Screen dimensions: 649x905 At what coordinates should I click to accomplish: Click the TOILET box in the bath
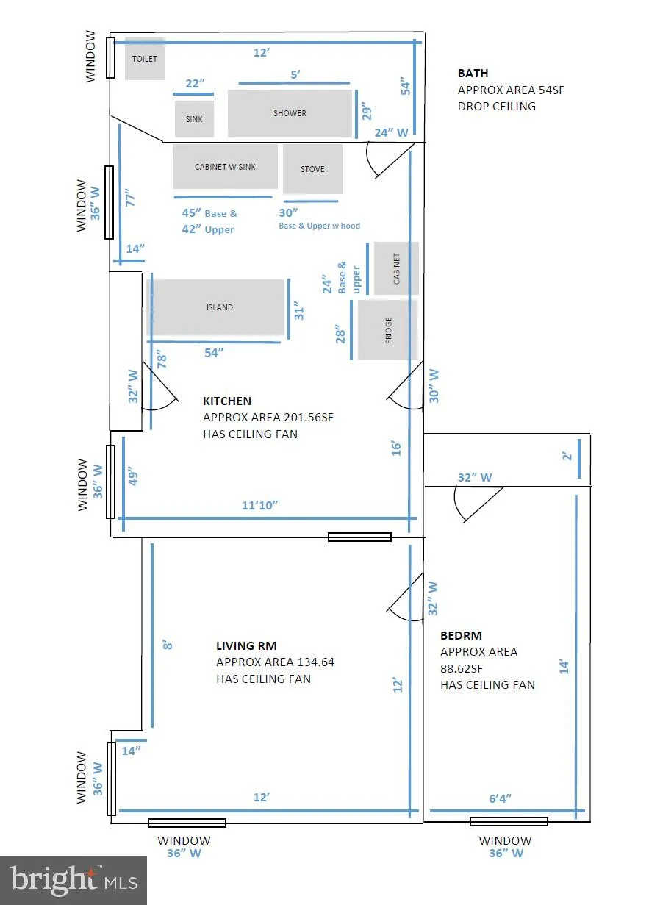click(x=144, y=59)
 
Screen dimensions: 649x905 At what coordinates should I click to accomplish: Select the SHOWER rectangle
click(x=290, y=113)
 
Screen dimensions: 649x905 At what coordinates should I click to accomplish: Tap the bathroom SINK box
click(x=194, y=119)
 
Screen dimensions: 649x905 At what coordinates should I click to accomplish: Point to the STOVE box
click(x=312, y=169)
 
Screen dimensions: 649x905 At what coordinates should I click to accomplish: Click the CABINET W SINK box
click(x=225, y=166)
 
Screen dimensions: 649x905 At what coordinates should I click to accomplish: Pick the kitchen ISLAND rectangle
click(x=215, y=307)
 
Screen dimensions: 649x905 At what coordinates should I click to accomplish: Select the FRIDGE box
click(x=387, y=329)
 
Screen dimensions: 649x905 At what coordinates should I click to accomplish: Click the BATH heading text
click(x=473, y=73)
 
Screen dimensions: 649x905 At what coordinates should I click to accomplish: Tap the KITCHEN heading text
click(x=227, y=401)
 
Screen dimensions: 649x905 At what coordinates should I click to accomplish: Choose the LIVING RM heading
click(x=246, y=645)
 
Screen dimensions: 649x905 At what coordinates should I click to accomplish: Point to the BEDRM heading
click(x=461, y=635)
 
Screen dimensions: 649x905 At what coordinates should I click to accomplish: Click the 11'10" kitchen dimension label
click(x=259, y=505)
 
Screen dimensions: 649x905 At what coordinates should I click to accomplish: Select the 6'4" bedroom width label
click(x=500, y=798)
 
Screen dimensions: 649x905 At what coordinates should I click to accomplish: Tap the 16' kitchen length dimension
click(x=396, y=448)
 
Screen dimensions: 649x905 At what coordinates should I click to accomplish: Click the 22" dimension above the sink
click(x=195, y=83)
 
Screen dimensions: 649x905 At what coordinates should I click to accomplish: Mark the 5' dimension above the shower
click(x=295, y=74)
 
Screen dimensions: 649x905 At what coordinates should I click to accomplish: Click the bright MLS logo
click(x=73, y=880)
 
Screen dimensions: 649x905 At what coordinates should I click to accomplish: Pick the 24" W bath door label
click(x=391, y=132)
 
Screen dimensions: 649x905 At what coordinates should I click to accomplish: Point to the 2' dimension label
click(x=567, y=456)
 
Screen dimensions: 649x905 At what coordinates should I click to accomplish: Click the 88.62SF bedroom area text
click(x=461, y=669)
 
